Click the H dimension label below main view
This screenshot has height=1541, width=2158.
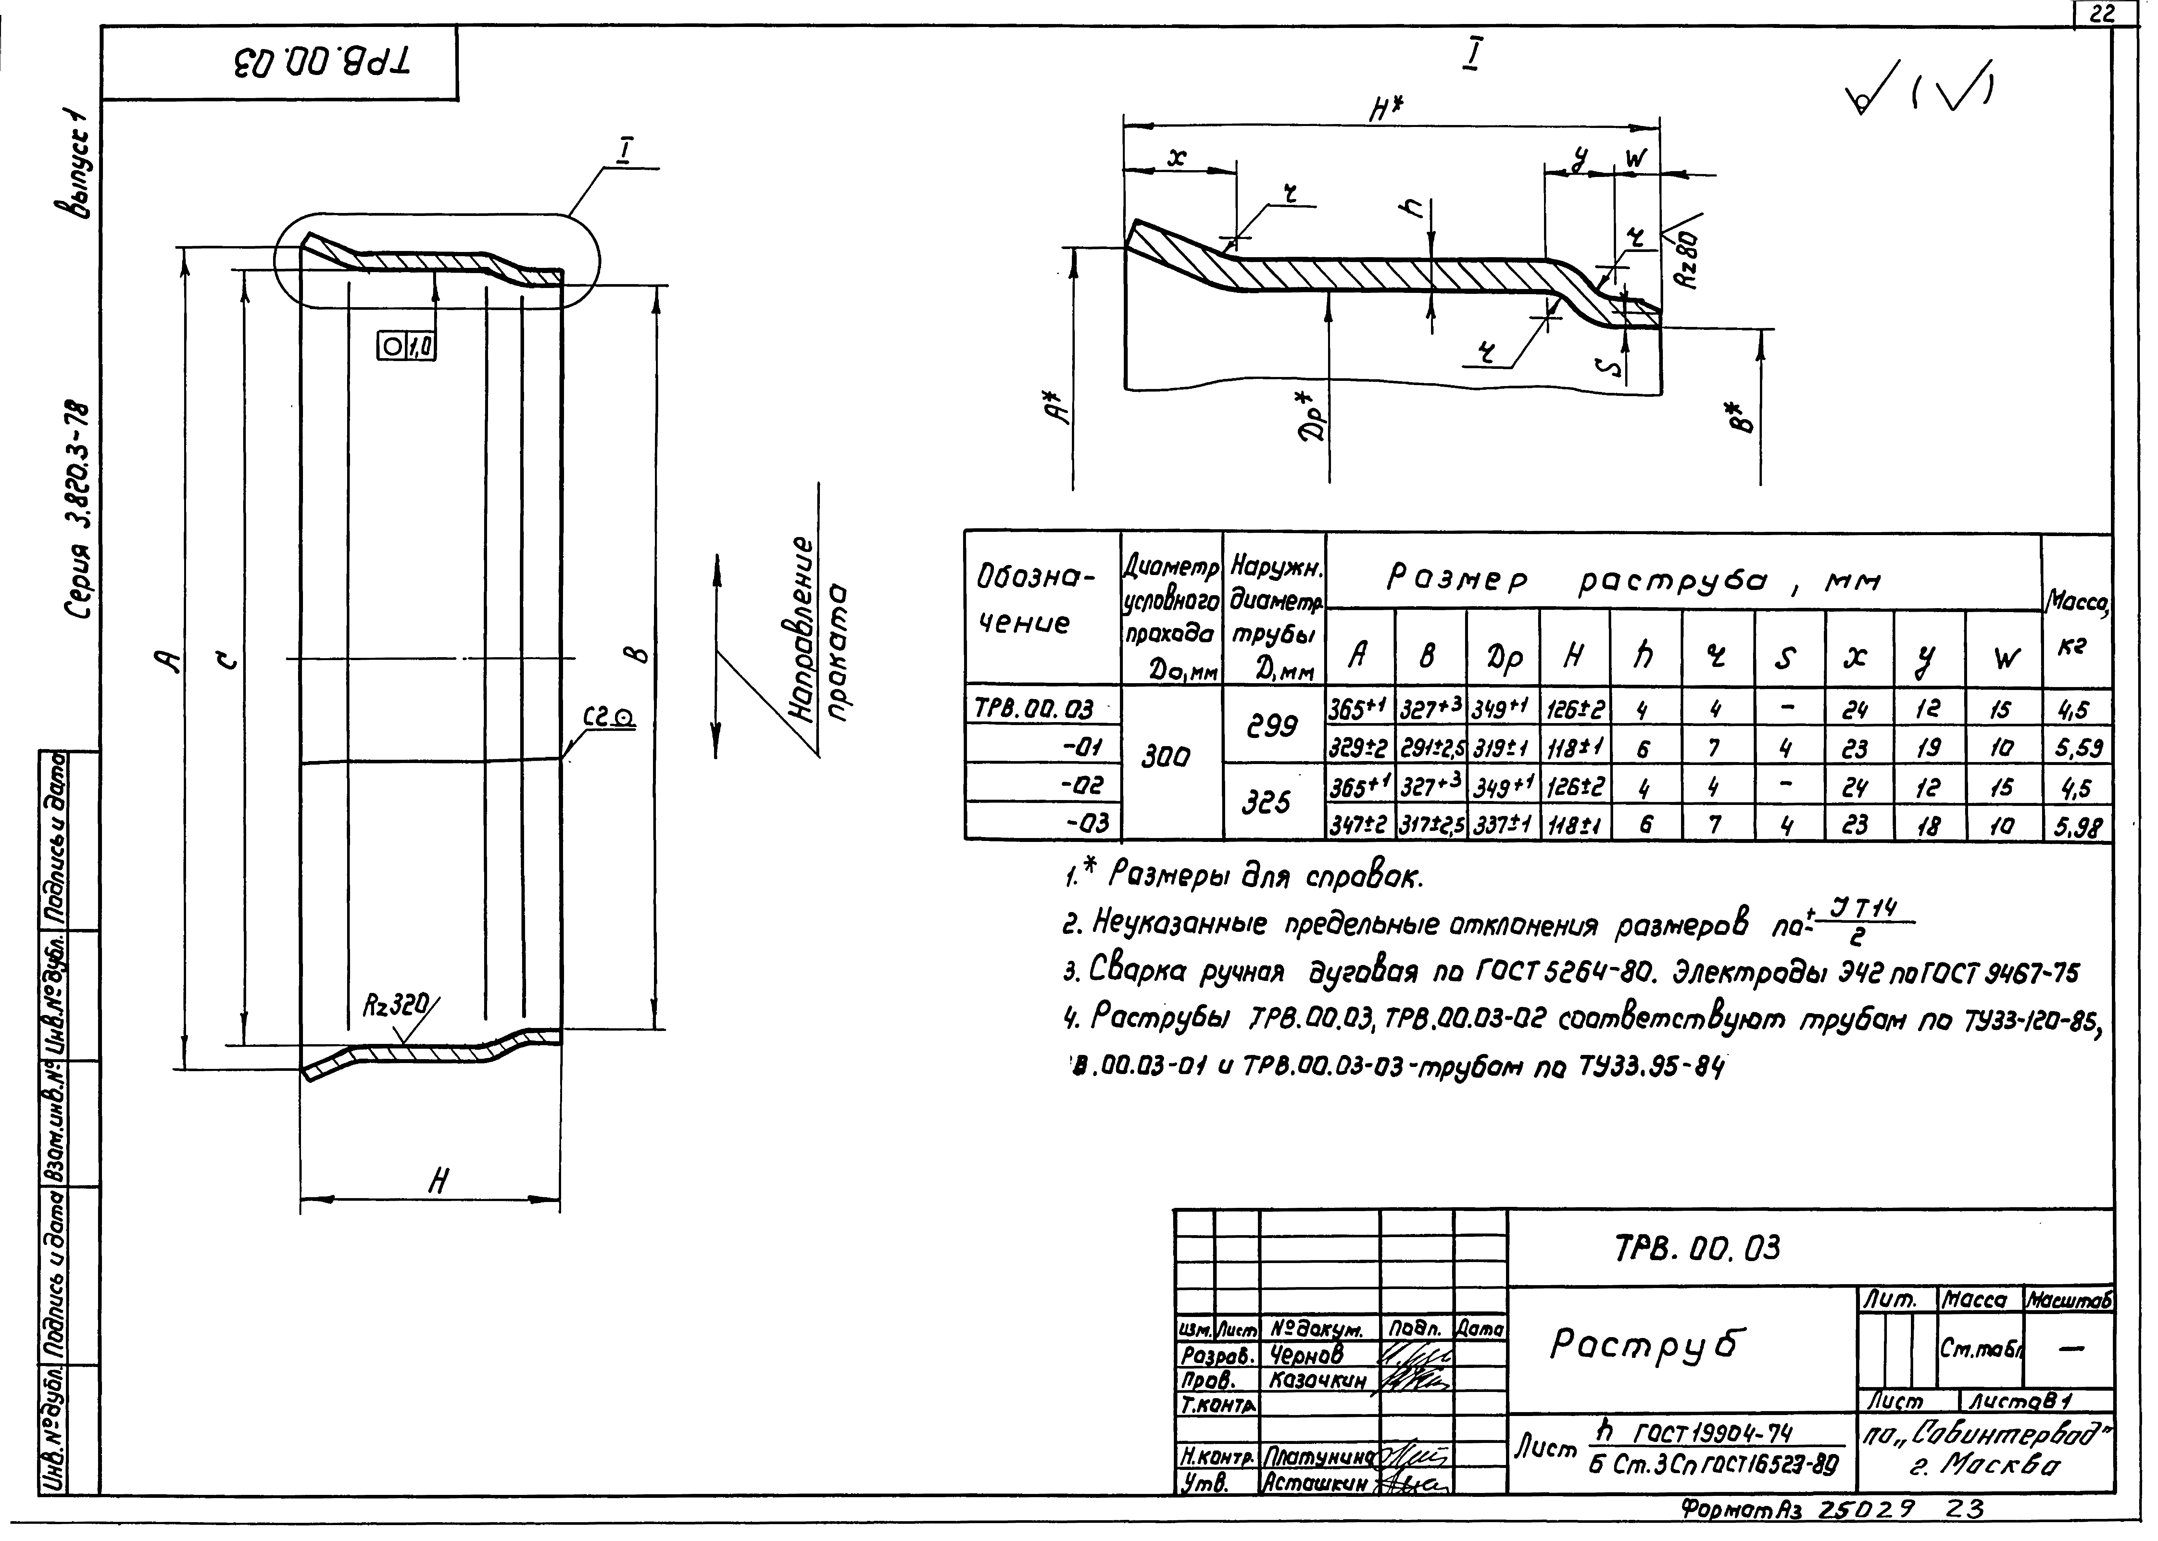pyautogui.click(x=437, y=1181)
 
